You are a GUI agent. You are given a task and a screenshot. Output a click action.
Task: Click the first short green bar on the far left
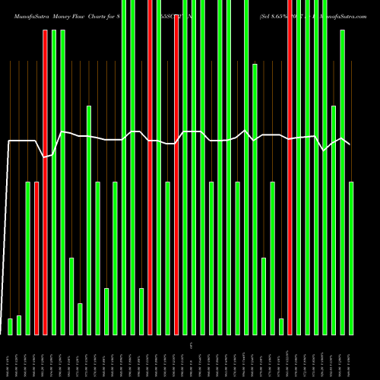tap(11, 326)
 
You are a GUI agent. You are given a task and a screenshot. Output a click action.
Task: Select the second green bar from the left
tap(19, 325)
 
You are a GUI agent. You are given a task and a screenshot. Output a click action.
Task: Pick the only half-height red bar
tap(36, 258)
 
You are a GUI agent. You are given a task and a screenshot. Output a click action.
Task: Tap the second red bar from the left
tap(45, 182)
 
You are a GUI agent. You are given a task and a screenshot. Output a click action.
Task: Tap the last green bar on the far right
tap(351, 258)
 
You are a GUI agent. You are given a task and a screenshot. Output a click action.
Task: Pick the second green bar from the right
tap(343, 182)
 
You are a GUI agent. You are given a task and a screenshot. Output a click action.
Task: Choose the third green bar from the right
tap(334, 220)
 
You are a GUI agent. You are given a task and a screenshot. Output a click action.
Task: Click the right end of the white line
tap(350, 144)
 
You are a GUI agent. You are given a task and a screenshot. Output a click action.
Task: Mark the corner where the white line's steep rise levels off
tap(10, 141)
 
